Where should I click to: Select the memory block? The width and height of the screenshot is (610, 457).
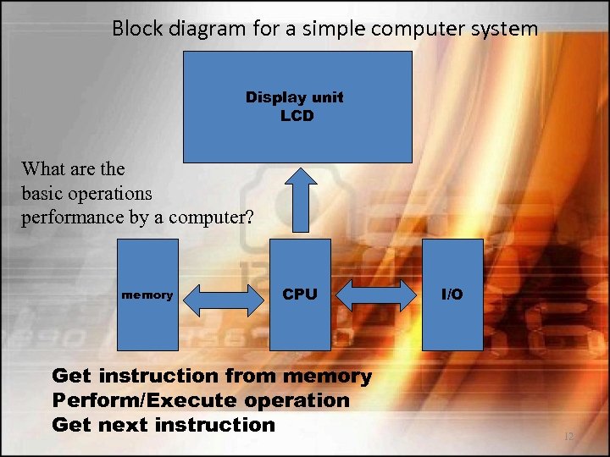pyautogui.click(x=148, y=295)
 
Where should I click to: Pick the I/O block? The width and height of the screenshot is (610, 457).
pyautogui.click(x=452, y=295)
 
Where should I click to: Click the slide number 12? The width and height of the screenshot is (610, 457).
pyautogui.click(x=568, y=437)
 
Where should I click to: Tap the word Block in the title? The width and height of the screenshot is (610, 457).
pyautogui.click(x=137, y=30)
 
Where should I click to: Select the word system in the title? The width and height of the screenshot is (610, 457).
pyautogui.click(x=506, y=30)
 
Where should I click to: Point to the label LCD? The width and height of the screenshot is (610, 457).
pyautogui.click(x=297, y=115)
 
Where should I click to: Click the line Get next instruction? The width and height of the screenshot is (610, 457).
pyautogui.click(x=164, y=425)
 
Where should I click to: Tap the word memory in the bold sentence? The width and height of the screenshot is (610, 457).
pyautogui.click(x=329, y=376)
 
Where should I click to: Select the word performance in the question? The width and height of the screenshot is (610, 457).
pyautogui.click(x=74, y=217)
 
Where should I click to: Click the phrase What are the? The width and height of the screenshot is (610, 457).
pyautogui.click(x=73, y=168)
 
